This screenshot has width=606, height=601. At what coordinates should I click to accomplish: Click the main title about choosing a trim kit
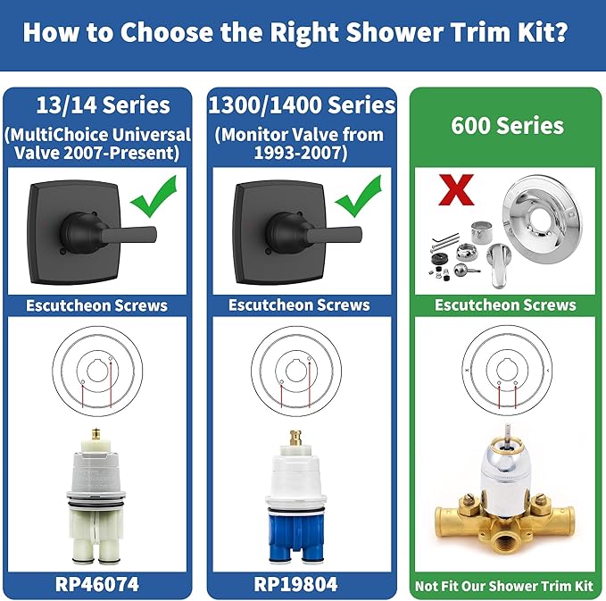(303, 32)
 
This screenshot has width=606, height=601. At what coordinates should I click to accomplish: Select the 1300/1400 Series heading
(301, 105)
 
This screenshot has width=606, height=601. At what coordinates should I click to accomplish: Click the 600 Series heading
(506, 125)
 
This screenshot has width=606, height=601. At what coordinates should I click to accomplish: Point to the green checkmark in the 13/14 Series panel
(151, 198)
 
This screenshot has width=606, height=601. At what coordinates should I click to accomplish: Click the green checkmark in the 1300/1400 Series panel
(351, 198)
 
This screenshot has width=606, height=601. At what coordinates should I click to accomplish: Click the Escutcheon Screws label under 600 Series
(505, 305)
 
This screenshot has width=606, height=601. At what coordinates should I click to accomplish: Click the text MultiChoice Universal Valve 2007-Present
(99, 143)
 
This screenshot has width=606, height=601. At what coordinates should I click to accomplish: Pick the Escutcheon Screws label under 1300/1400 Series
(299, 305)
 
